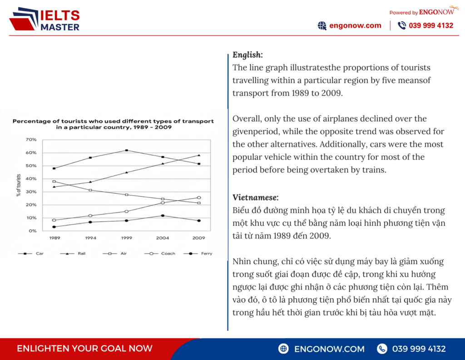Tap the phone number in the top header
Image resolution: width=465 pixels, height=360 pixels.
pyautogui.click(x=431, y=25)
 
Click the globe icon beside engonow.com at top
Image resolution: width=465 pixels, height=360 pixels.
pyautogui.click(x=322, y=25)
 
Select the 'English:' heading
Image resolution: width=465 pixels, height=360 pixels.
pyautogui.click(x=247, y=55)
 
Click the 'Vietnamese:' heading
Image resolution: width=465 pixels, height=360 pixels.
pyautogui.click(x=255, y=197)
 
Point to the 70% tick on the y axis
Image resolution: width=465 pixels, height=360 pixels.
pyautogui.click(x=31, y=140)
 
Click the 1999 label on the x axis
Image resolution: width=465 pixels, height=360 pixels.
pyautogui.click(x=126, y=238)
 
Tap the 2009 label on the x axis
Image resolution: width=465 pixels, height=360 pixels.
pyautogui.click(x=198, y=238)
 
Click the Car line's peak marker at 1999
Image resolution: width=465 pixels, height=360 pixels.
pyautogui.click(x=126, y=150)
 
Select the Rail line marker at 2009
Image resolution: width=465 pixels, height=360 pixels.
pyautogui.click(x=198, y=155)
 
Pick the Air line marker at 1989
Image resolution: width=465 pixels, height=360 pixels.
pyautogui.click(x=54, y=181)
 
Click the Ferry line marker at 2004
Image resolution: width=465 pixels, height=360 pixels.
pyautogui.click(x=163, y=215)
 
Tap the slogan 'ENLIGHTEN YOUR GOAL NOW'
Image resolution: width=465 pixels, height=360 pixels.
pyautogui.click(x=84, y=349)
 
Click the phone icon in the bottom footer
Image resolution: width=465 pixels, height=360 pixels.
pyautogui.click(x=382, y=349)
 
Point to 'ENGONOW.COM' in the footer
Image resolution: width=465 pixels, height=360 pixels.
pyautogui.click(x=329, y=349)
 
